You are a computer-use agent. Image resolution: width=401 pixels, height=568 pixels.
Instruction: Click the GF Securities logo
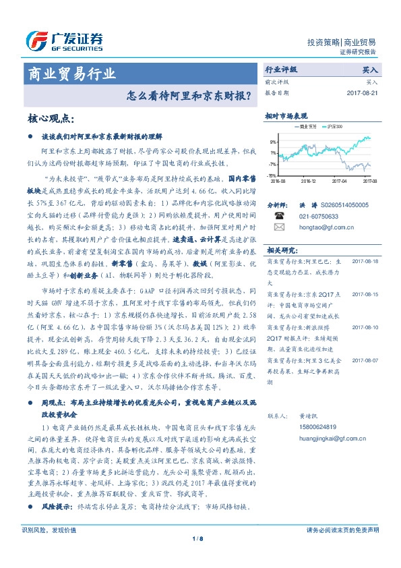pos(63,41)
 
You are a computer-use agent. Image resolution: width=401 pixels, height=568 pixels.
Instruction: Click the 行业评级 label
pos(281,69)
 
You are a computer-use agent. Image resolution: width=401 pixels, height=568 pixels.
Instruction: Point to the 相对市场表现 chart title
pos(286,116)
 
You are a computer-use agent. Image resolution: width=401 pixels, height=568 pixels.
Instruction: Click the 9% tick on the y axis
pos(272,142)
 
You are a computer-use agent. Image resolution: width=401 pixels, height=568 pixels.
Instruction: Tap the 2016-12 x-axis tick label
pos(309,181)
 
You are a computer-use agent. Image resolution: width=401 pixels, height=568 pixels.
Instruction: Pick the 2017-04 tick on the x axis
pos(340,181)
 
